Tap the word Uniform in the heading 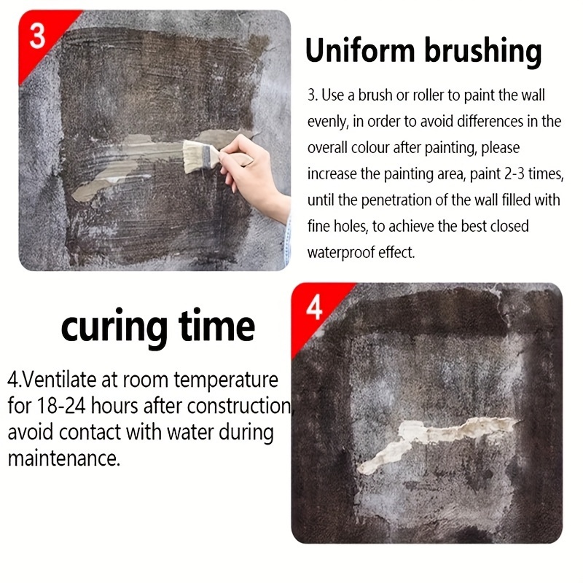coord(360,50)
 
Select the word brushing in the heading coord(482,52)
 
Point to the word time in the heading coord(216,326)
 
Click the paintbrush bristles coord(193,157)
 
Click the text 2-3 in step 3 coord(514,174)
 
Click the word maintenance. coord(64,458)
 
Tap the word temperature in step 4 coord(226,380)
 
